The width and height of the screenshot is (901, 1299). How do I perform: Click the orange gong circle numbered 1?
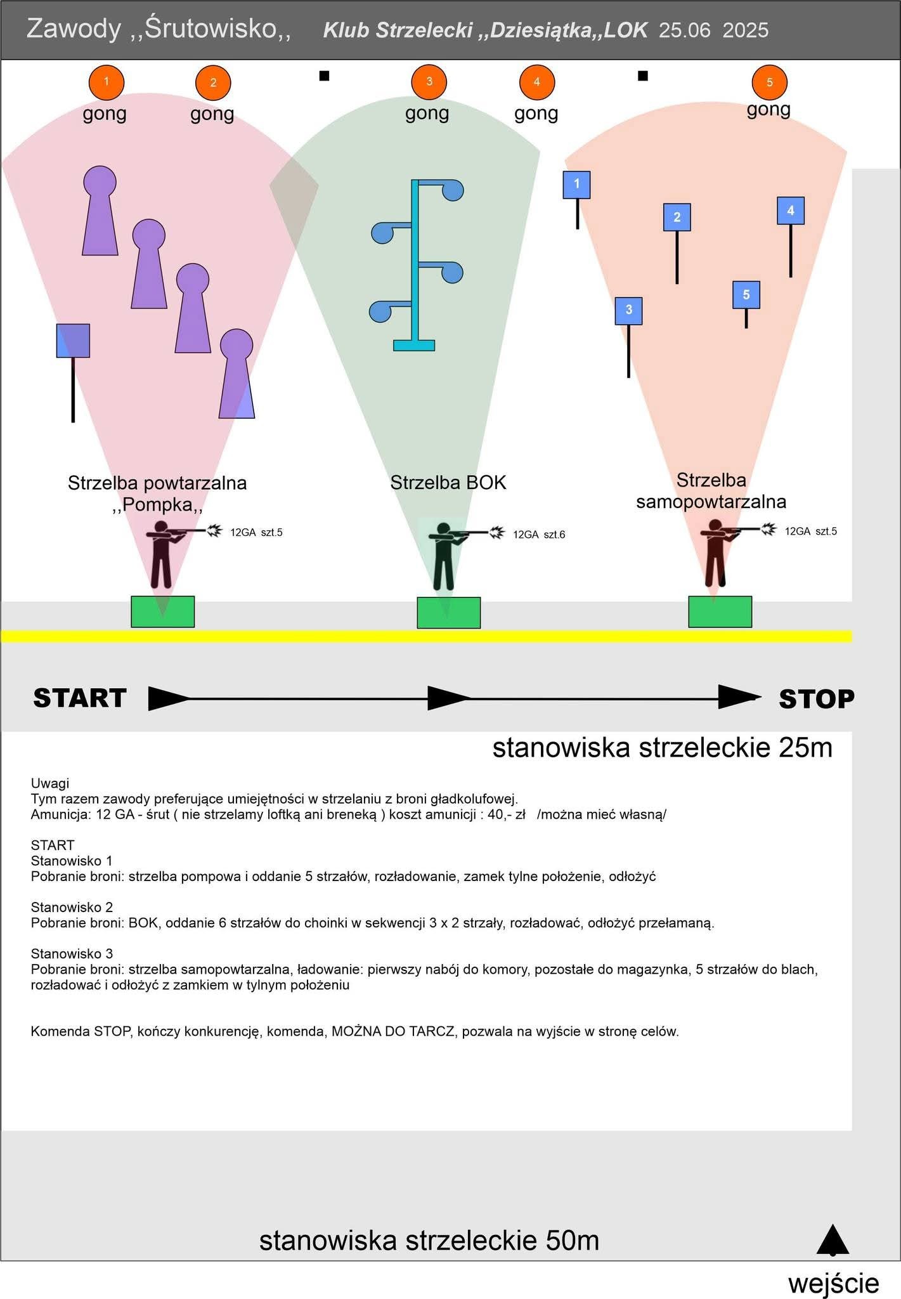click(106, 82)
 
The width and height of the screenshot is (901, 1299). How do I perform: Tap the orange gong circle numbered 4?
click(536, 82)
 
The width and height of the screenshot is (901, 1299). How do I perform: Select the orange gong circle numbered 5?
click(769, 82)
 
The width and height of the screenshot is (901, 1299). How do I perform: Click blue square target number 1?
click(576, 185)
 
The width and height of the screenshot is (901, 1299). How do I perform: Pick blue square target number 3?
click(628, 311)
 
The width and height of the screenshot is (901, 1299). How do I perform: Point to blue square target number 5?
click(746, 295)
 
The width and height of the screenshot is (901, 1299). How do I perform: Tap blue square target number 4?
click(791, 211)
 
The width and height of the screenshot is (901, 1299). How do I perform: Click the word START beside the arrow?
click(80, 698)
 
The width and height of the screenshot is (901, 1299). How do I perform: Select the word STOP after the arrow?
click(817, 698)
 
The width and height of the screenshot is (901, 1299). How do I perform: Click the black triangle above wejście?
click(833, 1241)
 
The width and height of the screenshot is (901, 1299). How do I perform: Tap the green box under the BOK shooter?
click(448, 613)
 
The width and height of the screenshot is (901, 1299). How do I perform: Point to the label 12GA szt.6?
click(539, 535)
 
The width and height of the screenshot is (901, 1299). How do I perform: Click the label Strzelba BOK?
click(448, 483)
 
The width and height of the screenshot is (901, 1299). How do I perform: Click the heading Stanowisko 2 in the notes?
click(72, 907)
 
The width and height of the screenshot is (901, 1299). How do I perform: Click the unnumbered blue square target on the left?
click(73, 341)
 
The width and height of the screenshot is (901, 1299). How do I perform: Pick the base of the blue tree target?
click(414, 345)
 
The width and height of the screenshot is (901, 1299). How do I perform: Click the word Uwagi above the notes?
click(50, 783)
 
